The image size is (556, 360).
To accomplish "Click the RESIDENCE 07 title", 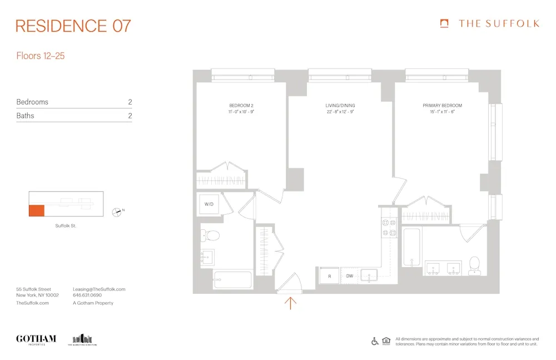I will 73,26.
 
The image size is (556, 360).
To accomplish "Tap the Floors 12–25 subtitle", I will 41,56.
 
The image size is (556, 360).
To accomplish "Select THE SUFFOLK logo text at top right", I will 498,23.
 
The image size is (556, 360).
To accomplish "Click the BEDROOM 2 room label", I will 241,105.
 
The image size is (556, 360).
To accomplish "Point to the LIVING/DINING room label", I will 340,105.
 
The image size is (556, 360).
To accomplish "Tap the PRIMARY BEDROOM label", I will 442,105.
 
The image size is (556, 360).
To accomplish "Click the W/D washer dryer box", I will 209,204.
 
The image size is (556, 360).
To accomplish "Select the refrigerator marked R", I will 329,275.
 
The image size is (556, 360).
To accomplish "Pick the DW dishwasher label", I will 350,275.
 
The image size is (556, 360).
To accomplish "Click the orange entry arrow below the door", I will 290,303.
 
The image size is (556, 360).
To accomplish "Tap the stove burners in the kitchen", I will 387,225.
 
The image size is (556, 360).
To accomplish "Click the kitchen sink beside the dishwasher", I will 369,275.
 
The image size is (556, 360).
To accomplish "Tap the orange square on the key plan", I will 36,211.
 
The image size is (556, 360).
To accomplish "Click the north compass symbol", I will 117,211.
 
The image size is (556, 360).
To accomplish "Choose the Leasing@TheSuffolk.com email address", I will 99,289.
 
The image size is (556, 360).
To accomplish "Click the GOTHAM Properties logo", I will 36,339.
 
